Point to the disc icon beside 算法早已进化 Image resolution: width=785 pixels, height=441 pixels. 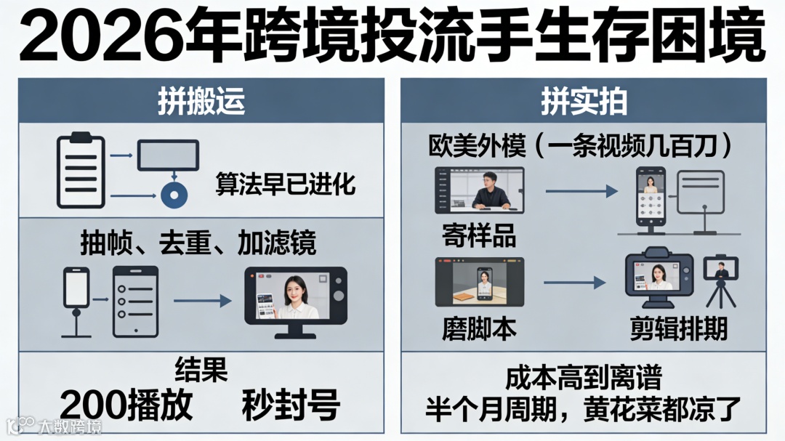tap(175, 195)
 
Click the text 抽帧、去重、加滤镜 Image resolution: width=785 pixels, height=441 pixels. tap(198, 244)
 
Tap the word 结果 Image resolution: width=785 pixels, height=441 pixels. tap(201, 370)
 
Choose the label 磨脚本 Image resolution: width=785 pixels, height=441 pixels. tap(479, 329)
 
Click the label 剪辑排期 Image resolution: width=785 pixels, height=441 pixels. tap(678, 329)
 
